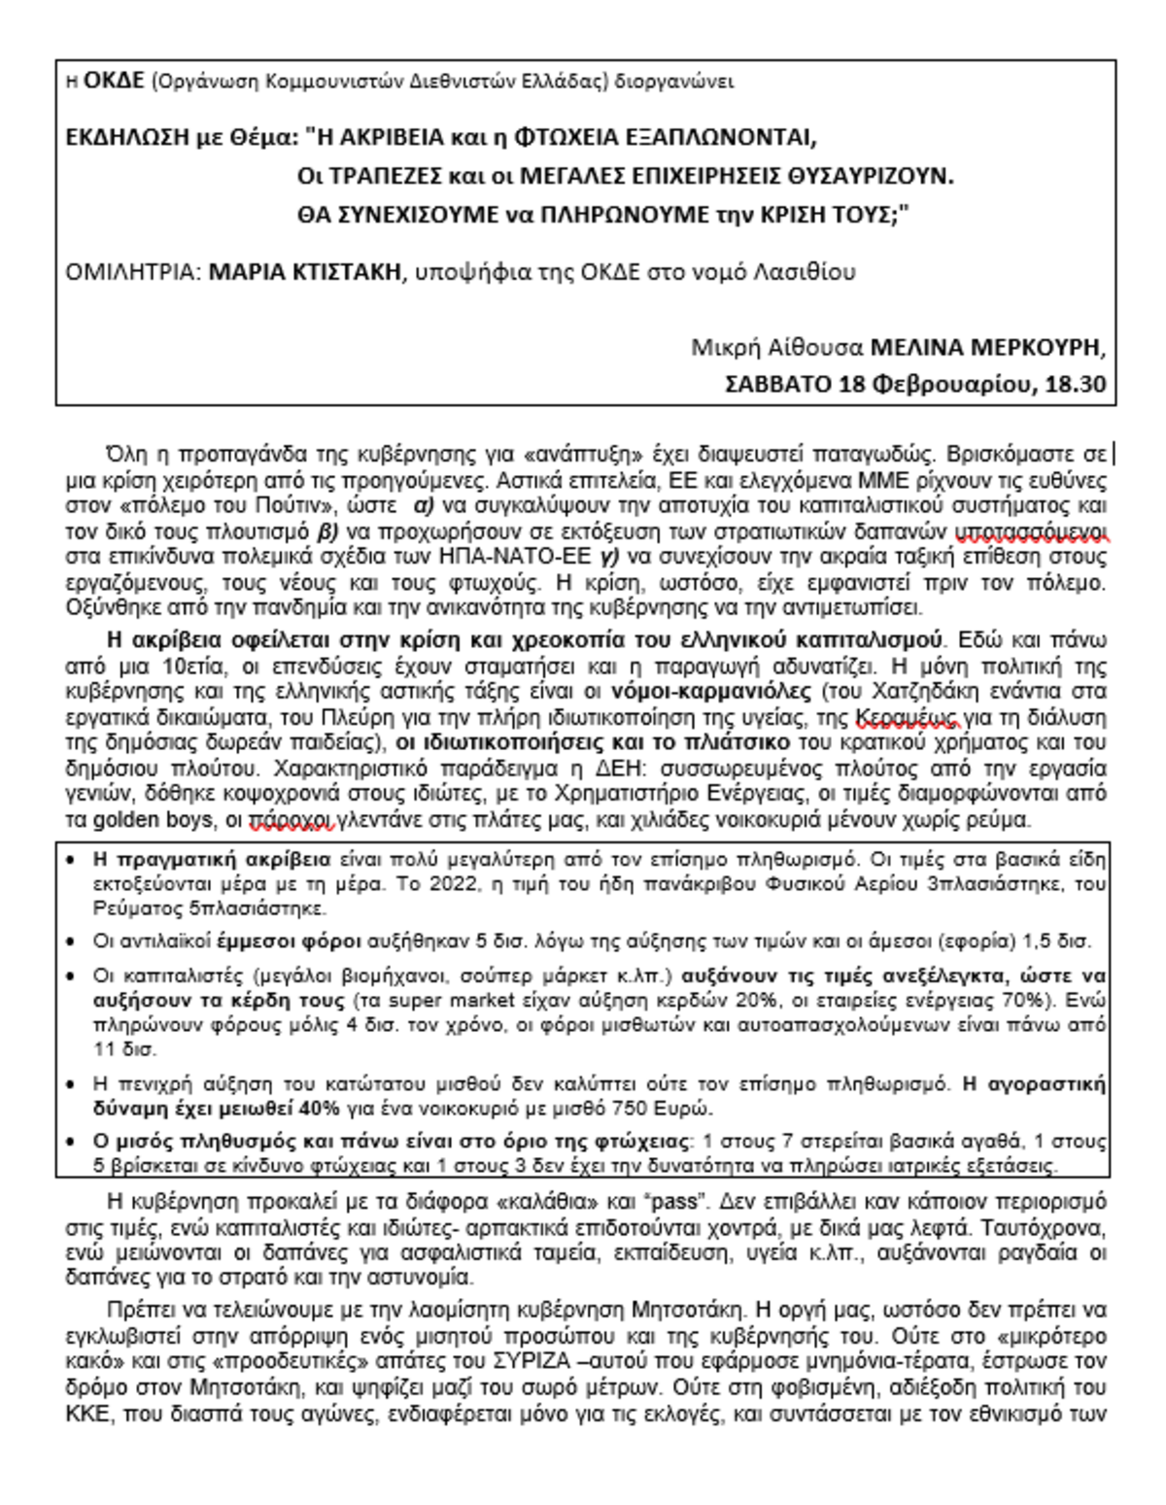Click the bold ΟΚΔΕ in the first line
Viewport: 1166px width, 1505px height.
coord(115,81)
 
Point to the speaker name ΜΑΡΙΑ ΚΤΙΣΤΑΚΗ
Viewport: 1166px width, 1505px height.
coord(304,271)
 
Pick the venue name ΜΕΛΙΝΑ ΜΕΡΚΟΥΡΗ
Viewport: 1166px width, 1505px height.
coord(988,347)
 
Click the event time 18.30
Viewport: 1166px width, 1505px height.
coord(1075,384)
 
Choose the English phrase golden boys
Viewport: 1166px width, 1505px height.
coord(153,820)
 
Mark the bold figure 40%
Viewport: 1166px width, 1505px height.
coord(320,1109)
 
